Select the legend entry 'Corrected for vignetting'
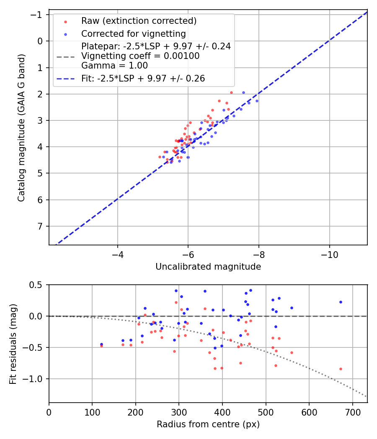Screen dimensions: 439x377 coord(133,33)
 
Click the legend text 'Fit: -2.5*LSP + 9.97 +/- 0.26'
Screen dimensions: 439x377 coord(143,79)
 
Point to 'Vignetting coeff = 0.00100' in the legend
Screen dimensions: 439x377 coord(140,56)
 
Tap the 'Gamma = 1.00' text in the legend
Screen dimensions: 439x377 coord(114,65)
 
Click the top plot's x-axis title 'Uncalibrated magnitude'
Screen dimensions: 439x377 coord(208,267)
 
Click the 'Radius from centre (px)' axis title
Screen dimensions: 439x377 coord(208,424)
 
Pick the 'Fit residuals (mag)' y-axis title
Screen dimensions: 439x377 coord(13,343)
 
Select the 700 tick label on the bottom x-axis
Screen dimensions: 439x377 coord(352,412)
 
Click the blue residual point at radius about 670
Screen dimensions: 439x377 coord(341,302)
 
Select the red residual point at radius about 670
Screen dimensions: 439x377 coord(341,369)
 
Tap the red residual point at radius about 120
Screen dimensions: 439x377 coord(101,346)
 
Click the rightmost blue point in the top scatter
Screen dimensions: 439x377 coord(257,101)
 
